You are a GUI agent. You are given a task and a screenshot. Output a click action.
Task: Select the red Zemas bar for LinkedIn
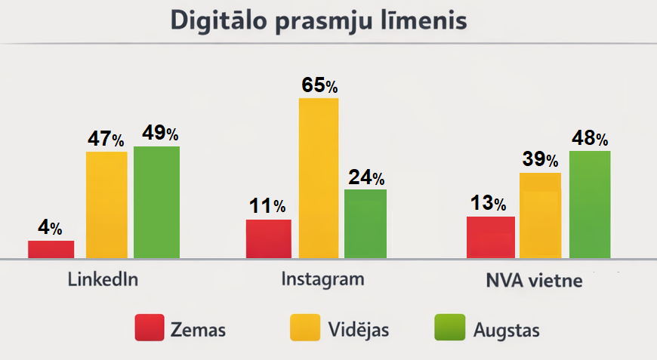point(51,250)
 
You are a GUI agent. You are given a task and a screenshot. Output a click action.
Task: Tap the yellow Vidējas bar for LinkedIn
point(106,205)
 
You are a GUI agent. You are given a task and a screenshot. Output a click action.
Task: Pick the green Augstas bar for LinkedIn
point(156,202)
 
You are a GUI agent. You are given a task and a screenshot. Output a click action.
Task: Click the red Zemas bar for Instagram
point(268,238)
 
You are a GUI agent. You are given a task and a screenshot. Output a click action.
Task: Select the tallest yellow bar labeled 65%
point(319,178)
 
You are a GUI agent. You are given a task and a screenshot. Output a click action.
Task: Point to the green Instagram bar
point(365,223)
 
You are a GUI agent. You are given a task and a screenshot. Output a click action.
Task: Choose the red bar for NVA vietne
point(491,237)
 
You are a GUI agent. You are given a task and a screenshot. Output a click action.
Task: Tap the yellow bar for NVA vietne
point(540,216)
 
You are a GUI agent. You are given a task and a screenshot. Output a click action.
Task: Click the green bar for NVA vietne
point(589,205)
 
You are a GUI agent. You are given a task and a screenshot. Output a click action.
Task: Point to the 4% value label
point(51,228)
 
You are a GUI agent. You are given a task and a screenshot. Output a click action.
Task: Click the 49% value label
point(160,134)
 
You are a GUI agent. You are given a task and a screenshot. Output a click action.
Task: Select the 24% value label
point(366,177)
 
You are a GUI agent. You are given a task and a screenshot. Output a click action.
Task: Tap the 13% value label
point(489,203)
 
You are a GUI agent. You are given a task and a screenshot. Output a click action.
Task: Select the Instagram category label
point(322,278)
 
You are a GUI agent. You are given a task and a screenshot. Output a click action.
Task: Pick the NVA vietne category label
point(534,282)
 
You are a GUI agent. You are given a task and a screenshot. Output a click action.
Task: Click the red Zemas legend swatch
point(150,328)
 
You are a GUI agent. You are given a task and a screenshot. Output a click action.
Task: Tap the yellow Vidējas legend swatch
point(306,328)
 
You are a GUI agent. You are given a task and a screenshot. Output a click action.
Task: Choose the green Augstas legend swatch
point(450,328)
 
